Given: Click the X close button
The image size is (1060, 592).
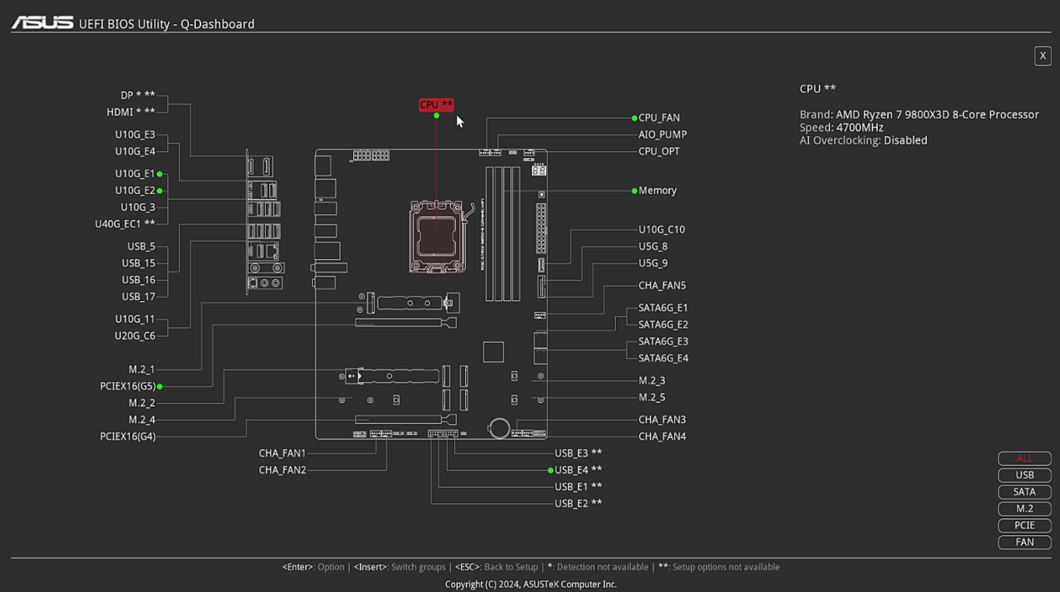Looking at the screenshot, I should (x=1042, y=56).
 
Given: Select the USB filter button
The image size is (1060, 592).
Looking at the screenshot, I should (x=1024, y=475).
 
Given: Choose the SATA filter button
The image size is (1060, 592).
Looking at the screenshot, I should (x=1024, y=492).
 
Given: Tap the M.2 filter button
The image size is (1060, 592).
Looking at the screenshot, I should (x=1024, y=508).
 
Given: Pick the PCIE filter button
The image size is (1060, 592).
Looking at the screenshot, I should (x=1024, y=525).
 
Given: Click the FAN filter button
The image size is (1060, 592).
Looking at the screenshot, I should (x=1024, y=542).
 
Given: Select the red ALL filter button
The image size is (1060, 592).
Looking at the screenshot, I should (x=1024, y=458).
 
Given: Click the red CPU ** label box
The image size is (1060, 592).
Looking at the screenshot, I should (x=436, y=105).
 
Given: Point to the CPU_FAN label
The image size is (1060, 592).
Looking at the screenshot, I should (x=659, y=118).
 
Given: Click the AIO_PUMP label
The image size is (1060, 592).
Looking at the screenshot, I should (x=663, y=135).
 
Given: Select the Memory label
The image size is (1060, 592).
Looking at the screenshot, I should (x=658, y=191).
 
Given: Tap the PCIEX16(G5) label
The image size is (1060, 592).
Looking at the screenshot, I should (x=127, y=386).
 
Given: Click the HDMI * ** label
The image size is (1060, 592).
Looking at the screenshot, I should (x=131, y=112).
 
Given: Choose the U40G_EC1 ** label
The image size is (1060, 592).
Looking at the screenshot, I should (x=125, y=224).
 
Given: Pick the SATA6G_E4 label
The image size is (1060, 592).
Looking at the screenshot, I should (x=663, y=358).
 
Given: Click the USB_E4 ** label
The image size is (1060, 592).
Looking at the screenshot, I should (x=578, y=470).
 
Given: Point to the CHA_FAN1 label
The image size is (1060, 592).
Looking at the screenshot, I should (x=282, y=453).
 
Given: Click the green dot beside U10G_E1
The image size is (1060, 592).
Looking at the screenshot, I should (x=160, y=174).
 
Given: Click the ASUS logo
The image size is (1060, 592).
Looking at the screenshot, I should (x=42, y=23).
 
